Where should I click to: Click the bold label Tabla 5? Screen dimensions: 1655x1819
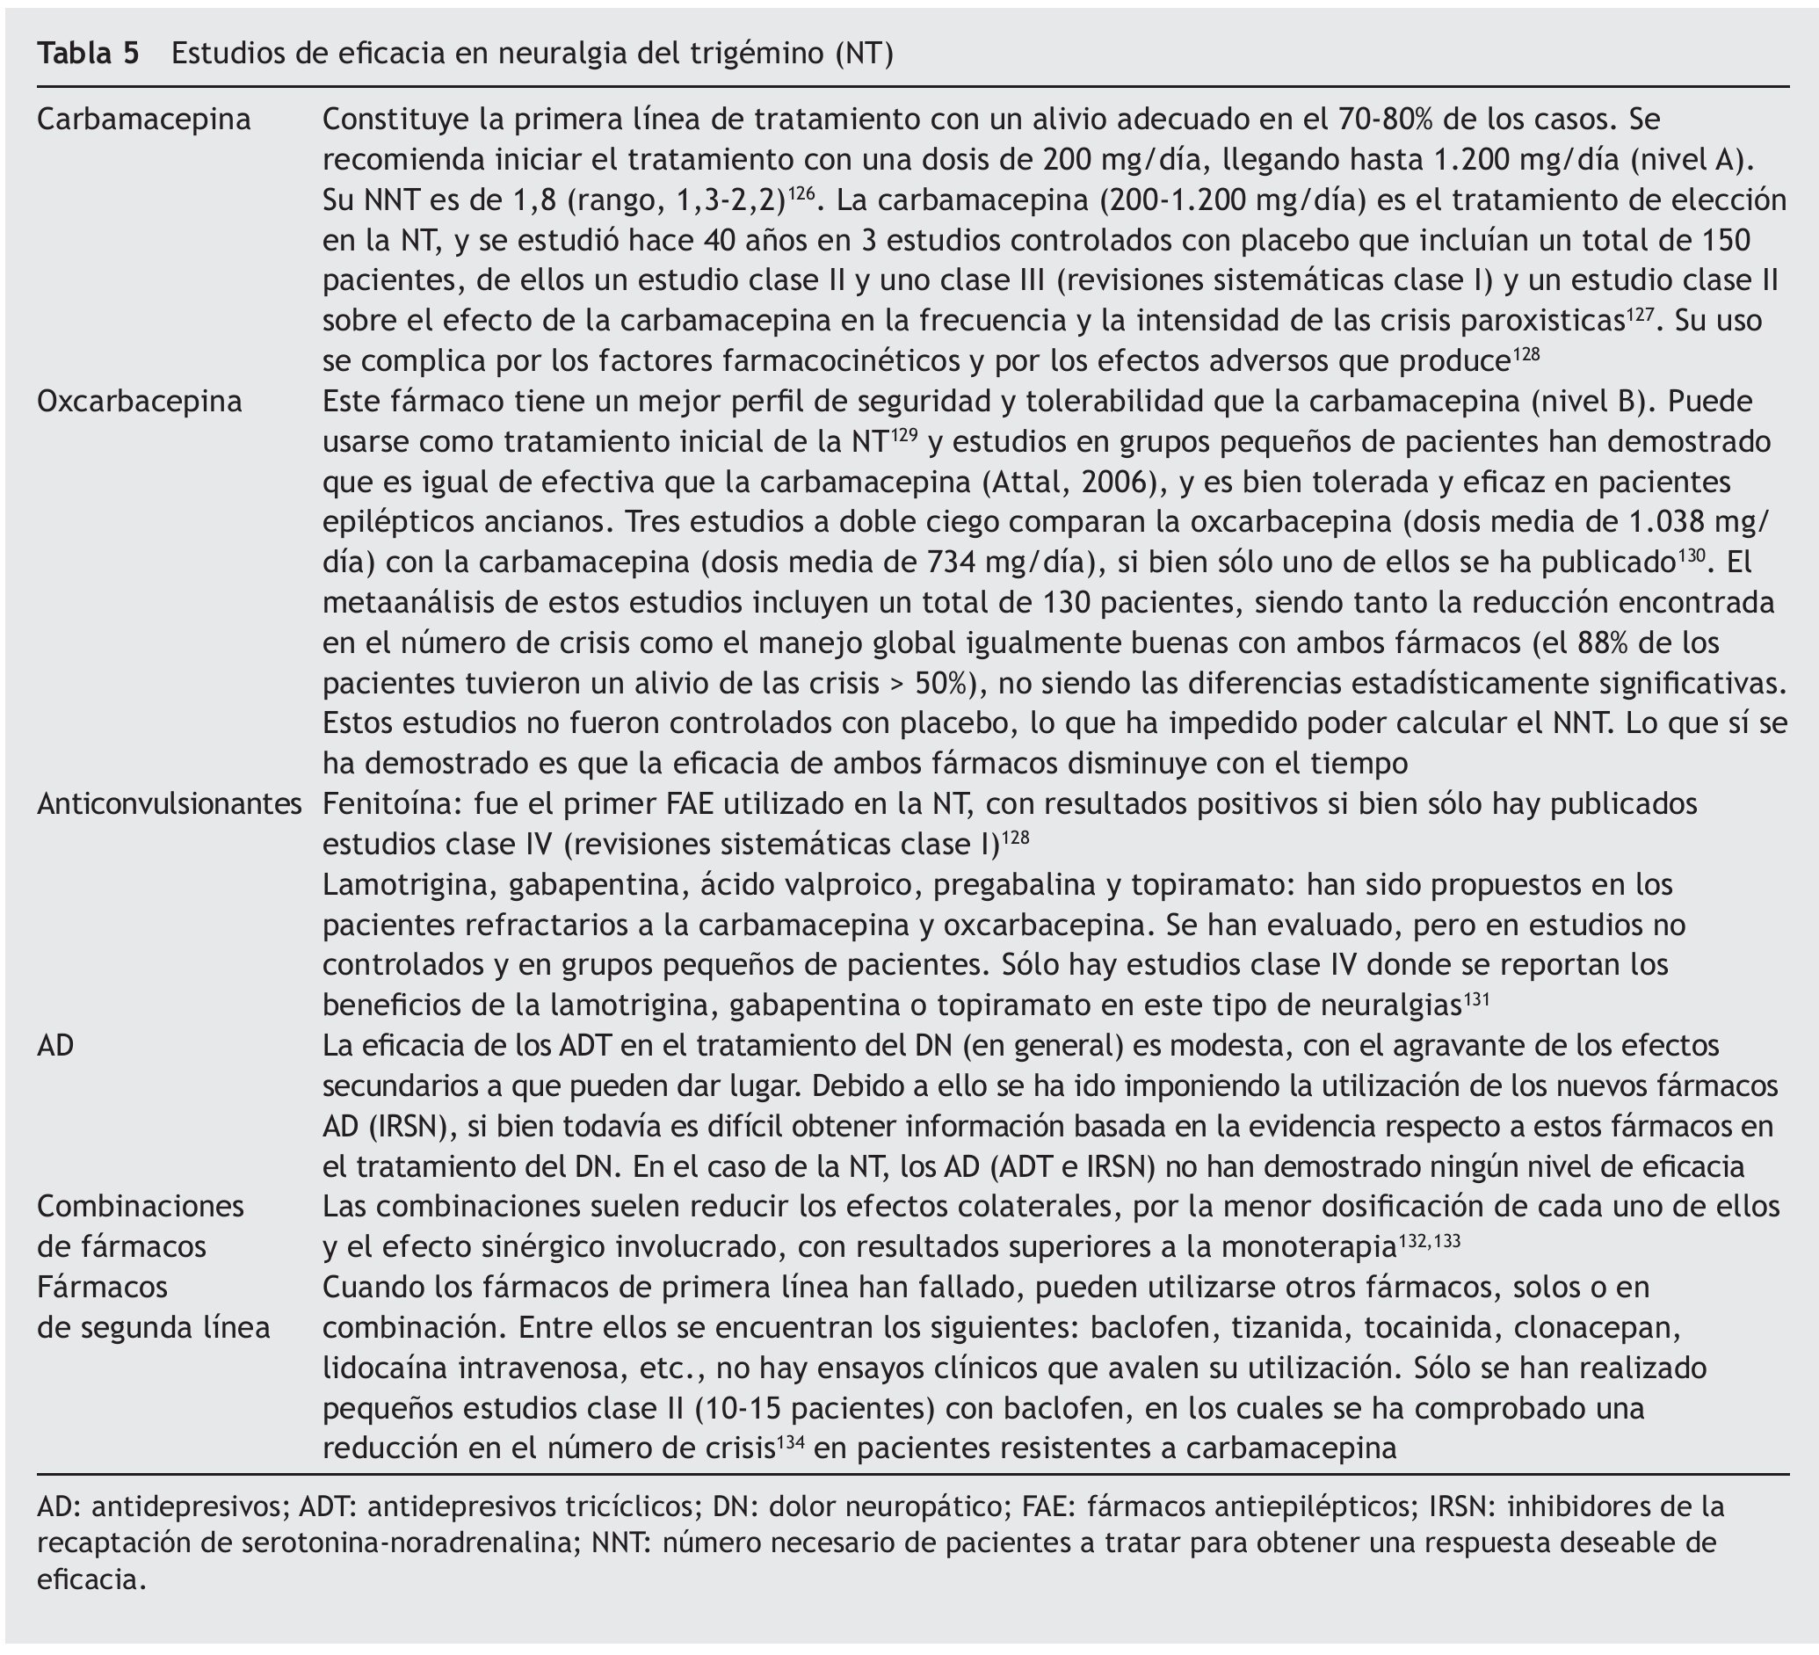coord(89,54)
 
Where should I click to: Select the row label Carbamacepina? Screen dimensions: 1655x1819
coord(144,120)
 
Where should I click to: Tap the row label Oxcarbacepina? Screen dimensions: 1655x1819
coord(140,401)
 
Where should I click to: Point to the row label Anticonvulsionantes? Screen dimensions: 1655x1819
coord(170,803)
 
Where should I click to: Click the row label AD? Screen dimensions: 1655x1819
coord(55,1045)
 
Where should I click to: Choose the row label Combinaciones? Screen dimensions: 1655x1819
coord(141,1206)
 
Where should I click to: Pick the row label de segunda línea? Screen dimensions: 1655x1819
coord(154,1327)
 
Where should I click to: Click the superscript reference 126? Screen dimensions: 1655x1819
coord(802,192)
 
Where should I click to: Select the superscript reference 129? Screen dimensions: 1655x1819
coord(904,433)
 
